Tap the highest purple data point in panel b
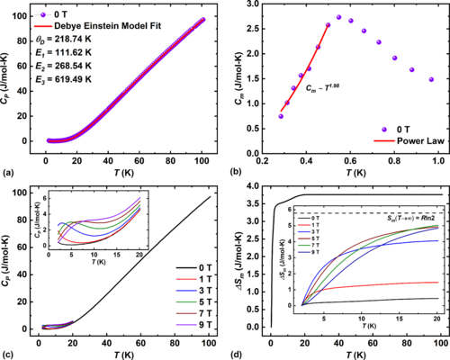pyautogui.click(x=339, y=17)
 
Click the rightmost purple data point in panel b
pyautogui.click(x=431, y=79)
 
